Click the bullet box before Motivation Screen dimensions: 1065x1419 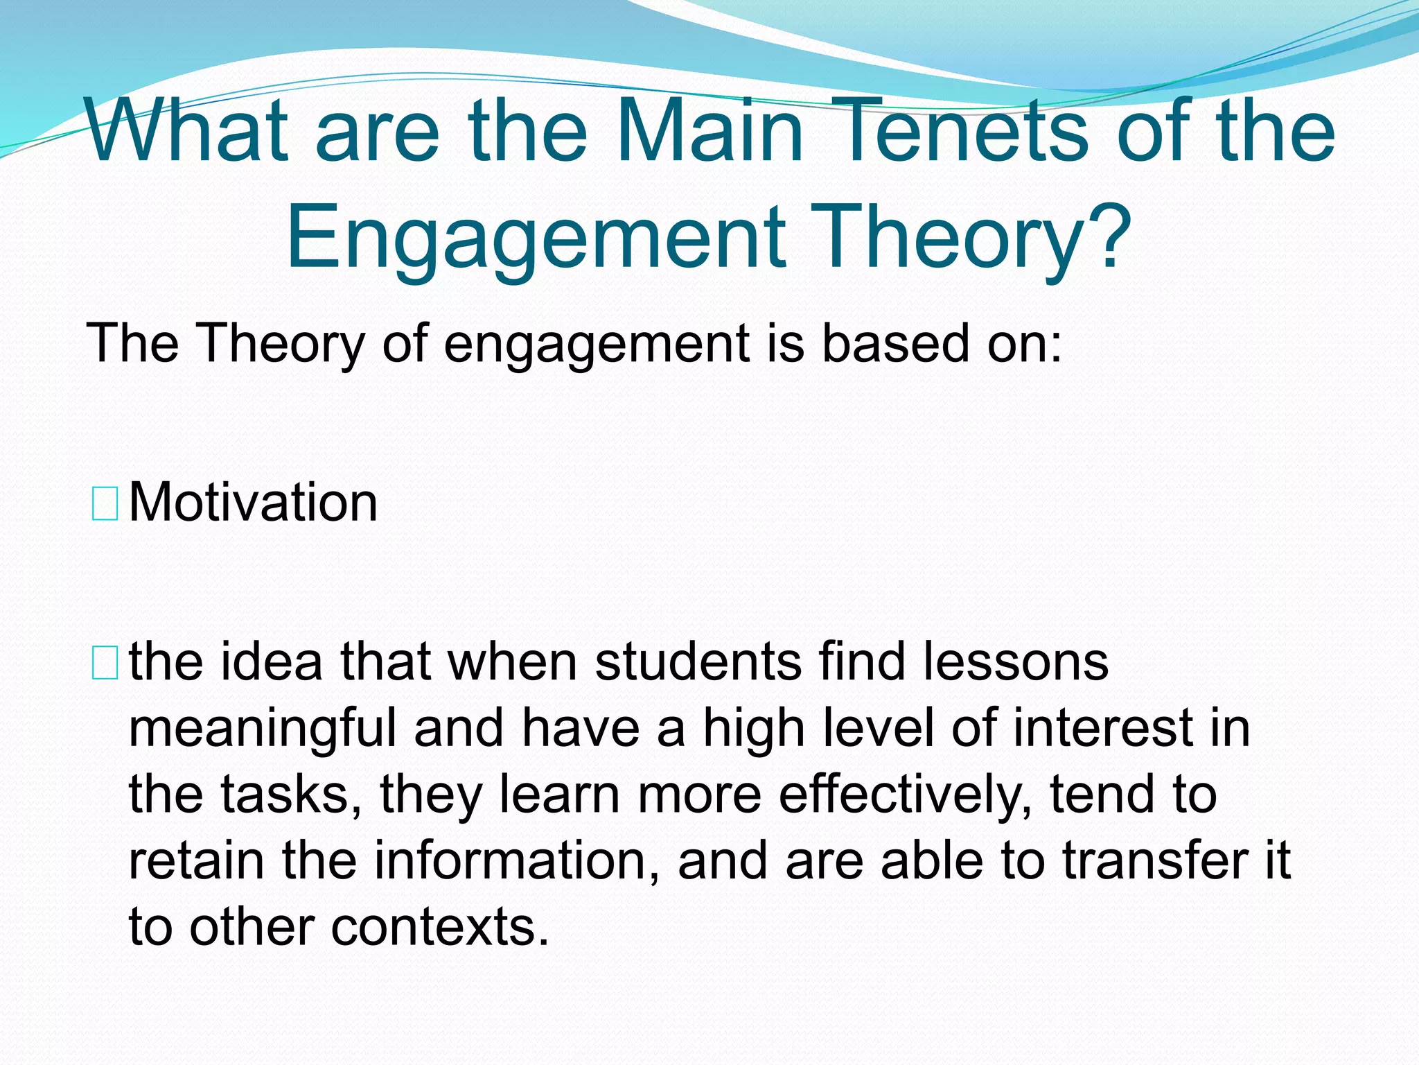(105, 504)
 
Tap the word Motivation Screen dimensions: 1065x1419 (253, 503)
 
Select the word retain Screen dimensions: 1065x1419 (196, 860)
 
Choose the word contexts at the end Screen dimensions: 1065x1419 (439, 927)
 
